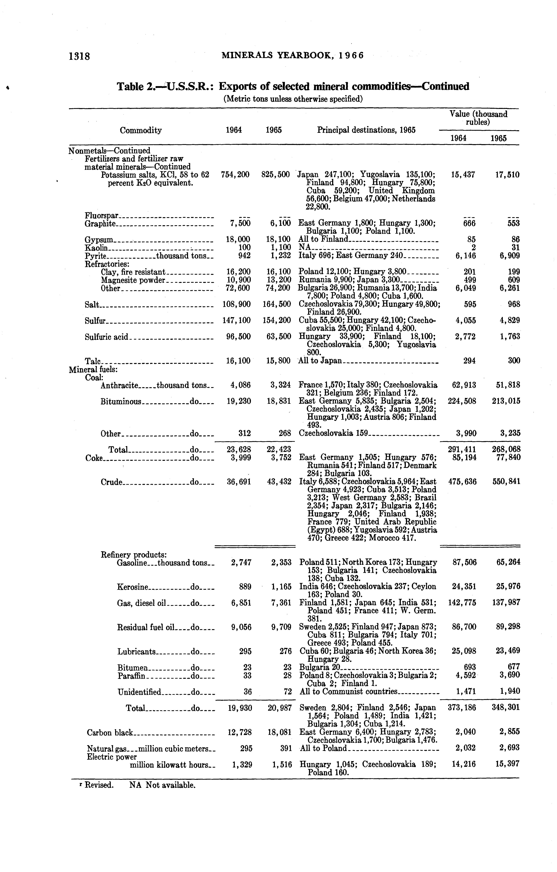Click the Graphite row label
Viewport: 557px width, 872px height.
(x=100, y=224)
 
